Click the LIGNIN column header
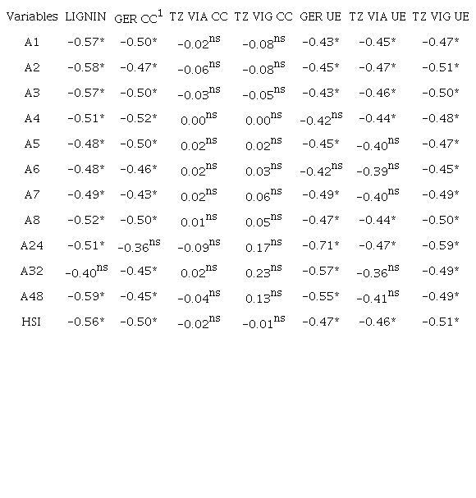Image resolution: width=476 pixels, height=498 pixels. click(85, 16)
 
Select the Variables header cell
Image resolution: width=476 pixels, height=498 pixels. click(32, 16)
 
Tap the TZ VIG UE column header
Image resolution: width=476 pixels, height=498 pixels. click(441, 16)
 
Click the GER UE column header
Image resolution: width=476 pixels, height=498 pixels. click(320, 16)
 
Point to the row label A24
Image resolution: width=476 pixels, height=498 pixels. click(32, 245)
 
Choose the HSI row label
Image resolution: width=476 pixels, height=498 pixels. click(32, 322)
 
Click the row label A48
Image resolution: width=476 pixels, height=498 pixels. click(32, 296)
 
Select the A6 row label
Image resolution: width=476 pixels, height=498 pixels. click(32, 169)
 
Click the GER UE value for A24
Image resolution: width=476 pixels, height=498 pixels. click(320, 245)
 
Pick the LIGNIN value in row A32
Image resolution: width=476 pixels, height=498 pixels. click(85, 272)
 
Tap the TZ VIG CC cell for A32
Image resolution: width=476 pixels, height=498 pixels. click(262, 270)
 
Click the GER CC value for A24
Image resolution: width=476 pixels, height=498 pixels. click(138, 245)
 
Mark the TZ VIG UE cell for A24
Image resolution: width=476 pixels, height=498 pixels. click(441, 245)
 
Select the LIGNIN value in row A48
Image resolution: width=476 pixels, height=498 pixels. click(85, 296)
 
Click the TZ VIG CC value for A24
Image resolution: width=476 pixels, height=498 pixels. click(262, 244)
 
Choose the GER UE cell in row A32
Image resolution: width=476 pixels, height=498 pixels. click(320, 271)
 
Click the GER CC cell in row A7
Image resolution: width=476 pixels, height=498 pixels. click(138, 194)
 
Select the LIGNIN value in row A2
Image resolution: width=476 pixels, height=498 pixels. click(85, 67)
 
